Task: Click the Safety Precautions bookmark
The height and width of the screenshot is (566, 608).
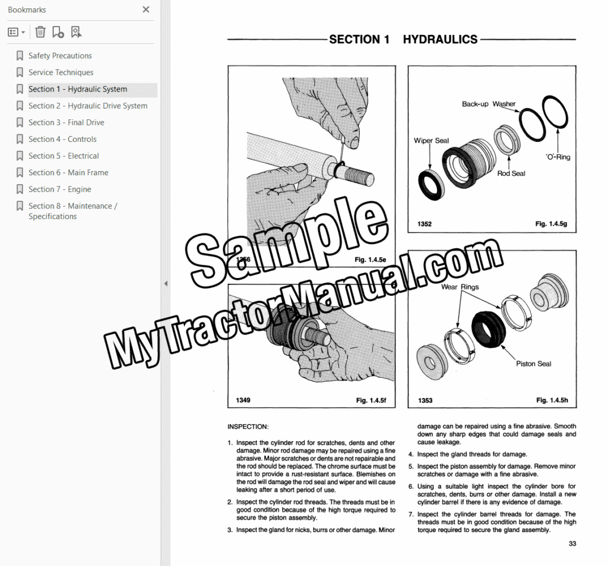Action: [x=60, y=55]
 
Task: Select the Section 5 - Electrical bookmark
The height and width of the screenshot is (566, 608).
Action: [x=64, y=156]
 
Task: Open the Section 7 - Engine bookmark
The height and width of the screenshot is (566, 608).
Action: [x=60, y=189]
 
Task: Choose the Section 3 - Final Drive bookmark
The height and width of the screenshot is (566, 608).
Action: [x=66, y=122]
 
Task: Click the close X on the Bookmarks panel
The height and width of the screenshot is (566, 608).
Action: [x=146, y=10]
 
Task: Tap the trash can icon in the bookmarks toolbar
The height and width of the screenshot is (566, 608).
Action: [x=40, y=32]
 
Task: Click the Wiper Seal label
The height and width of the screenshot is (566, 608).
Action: [x=431, y=140]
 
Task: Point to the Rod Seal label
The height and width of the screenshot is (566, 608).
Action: [x=511, y=173]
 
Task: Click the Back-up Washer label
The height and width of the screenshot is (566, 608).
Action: [x=489, y=104]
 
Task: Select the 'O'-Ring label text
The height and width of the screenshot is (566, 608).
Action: [x=558, y=157]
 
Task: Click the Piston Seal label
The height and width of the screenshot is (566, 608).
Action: [x=533, y=363]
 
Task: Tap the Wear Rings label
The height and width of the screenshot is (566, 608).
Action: [x=460, y=287]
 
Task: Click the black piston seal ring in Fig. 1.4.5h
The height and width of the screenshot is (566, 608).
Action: [x=488, y=330]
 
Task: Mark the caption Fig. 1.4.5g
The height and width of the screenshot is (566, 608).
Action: [x=551, y=224]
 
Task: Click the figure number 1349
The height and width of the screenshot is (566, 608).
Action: [x=243, y=400]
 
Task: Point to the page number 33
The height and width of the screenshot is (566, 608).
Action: [x=572, y=543]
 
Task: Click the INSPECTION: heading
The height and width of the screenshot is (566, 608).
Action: [x=248, y=427]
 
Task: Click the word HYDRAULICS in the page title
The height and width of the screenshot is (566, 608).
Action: [x=440, y=39]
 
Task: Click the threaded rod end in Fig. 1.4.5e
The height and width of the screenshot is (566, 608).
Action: [x=358, y=175]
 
